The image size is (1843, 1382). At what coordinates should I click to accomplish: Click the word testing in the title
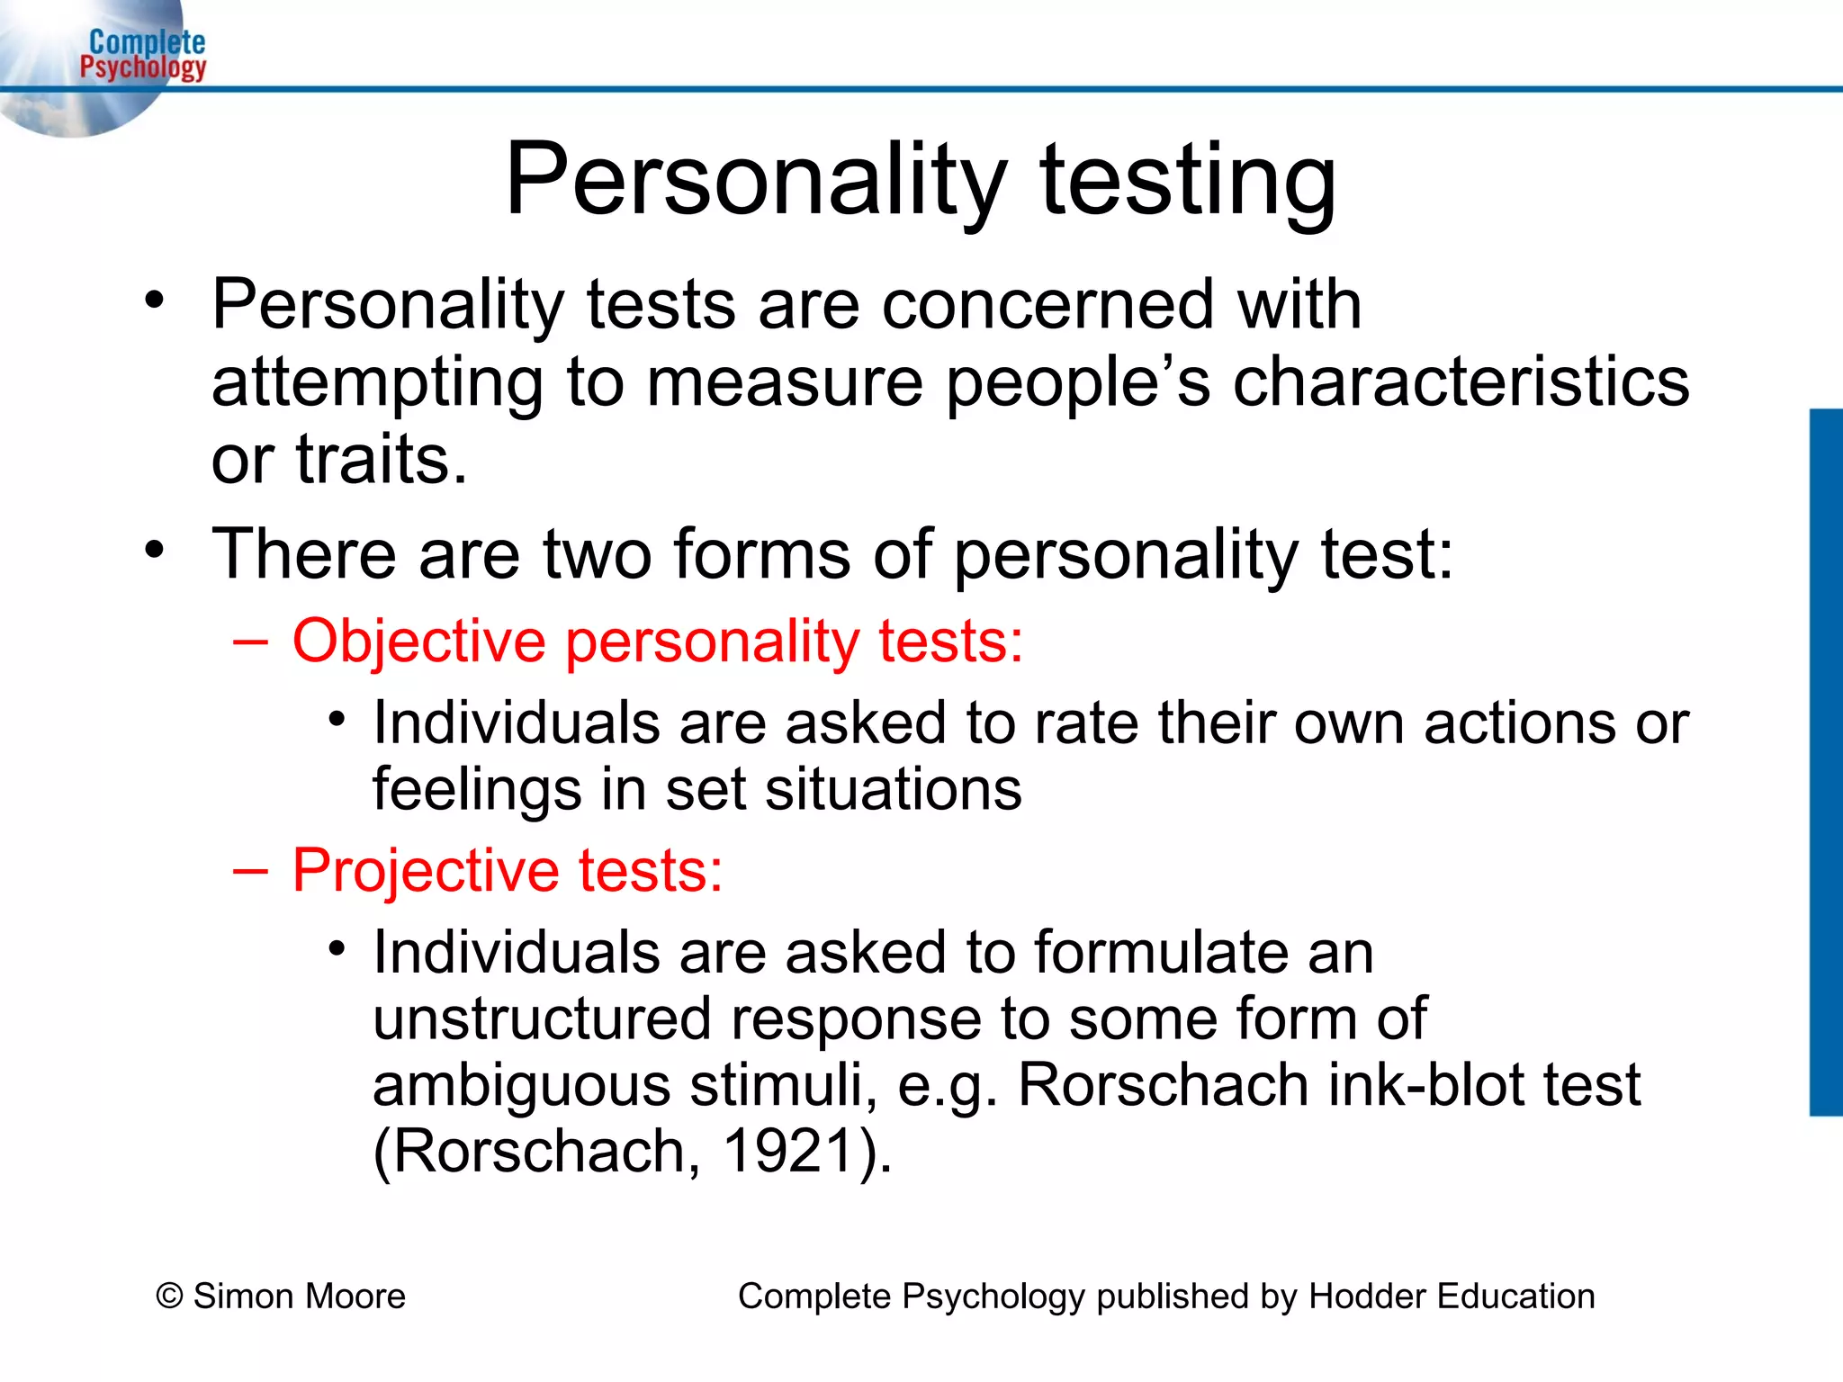click(1188, 180)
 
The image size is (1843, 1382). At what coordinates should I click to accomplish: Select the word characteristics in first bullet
click(1461, 382)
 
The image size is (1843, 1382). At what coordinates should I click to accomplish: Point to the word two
click(597, 554)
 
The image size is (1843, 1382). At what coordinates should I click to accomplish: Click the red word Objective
click(418, 642)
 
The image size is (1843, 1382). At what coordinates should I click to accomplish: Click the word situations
click(893, 790)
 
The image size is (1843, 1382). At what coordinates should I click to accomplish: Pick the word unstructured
click(543, 1019)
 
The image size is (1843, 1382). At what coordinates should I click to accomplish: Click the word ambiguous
click(522, 1085)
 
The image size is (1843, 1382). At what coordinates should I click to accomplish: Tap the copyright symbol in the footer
click(169, 1297)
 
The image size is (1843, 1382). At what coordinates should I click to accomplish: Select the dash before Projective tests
click(249, 871)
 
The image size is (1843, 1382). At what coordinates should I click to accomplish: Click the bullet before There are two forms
click(155, 549)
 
